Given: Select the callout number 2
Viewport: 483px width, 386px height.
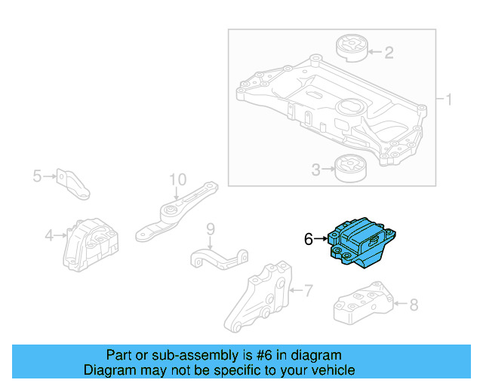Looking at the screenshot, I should pos(389,52).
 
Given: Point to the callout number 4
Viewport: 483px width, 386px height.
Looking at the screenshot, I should pos(49,236).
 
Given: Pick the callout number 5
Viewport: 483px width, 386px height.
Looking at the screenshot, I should pos(37,176).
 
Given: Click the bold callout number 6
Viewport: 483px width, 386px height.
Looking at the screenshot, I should pos(309,240).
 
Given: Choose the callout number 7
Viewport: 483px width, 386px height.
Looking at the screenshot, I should pos(308,289).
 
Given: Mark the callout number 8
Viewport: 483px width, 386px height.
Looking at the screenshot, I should pos(413,305).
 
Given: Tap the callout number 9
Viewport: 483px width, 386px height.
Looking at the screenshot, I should pos(211,228).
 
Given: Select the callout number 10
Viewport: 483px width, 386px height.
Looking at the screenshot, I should pos(177,179).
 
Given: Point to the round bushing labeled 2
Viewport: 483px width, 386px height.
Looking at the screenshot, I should pos(350,47).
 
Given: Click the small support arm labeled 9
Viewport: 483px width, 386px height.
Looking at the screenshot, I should pos(219,256).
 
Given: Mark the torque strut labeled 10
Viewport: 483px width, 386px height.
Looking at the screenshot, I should pos(175,215).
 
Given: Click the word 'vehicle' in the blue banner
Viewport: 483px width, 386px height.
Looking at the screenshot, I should pos(331,370).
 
